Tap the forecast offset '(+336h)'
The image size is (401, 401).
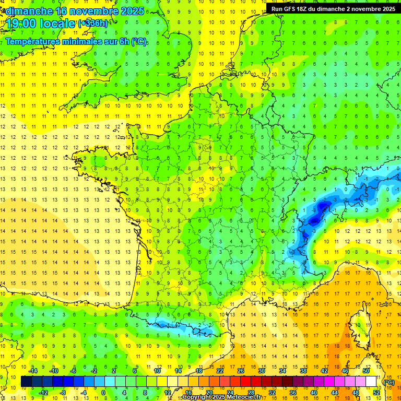[93, 23]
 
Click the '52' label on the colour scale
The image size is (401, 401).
[376, 393]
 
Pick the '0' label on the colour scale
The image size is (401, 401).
[103, 393]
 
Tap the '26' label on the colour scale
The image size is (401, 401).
[241, 371]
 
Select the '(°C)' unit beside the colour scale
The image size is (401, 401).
[389, 382]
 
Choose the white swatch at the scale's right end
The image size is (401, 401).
[371, 382]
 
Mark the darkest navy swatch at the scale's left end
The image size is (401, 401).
[26, 382]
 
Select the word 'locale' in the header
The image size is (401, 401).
[58, 23]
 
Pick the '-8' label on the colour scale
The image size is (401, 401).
[63, 393]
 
